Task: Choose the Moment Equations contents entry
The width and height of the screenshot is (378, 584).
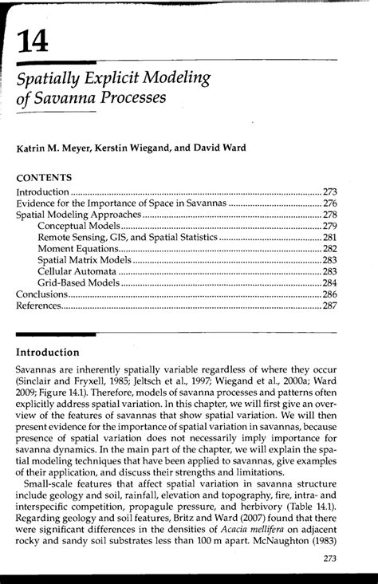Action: pos(79,249)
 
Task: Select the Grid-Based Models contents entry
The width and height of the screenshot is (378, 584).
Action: pos(78,283)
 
